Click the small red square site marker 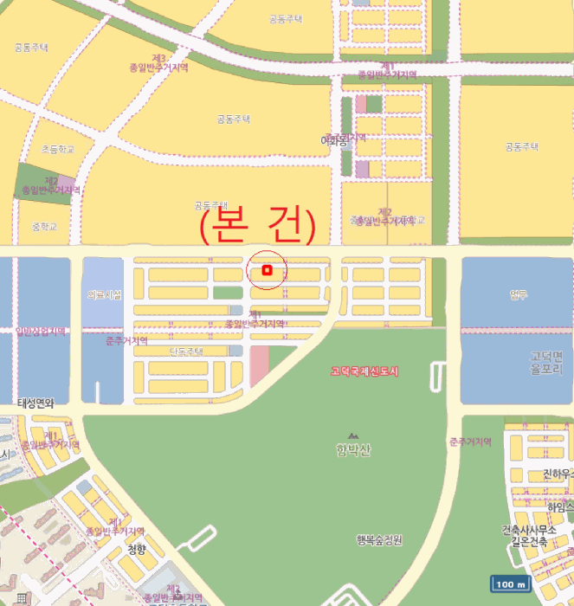point(268,271)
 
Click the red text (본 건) point(257,224)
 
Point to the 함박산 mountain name point(352,448)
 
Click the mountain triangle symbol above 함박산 point(352,435)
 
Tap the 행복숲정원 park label point(379,540)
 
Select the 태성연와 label point(35,403)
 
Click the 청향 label point(137,549)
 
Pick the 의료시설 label point(104,295)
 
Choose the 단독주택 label point(185,351)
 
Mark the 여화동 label point(332,139)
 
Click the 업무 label point(519,293)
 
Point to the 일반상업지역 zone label point(41,331)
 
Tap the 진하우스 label point(558,474)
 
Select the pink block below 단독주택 point(259,365)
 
